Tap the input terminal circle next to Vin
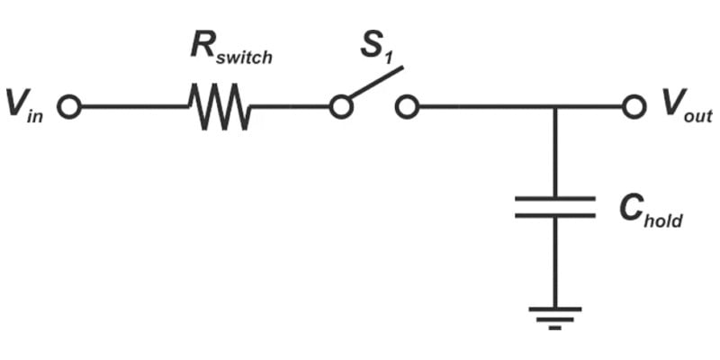click(69, 108)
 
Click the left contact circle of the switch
click(339, 108)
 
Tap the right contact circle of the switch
click(407, 108)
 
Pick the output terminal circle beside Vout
click(634, 108)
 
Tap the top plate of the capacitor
click(554, 198)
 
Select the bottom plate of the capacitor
click(554, 215)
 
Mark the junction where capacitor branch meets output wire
click(554, 108)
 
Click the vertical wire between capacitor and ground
click(554, 261)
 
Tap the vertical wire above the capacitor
click(554, 153)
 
